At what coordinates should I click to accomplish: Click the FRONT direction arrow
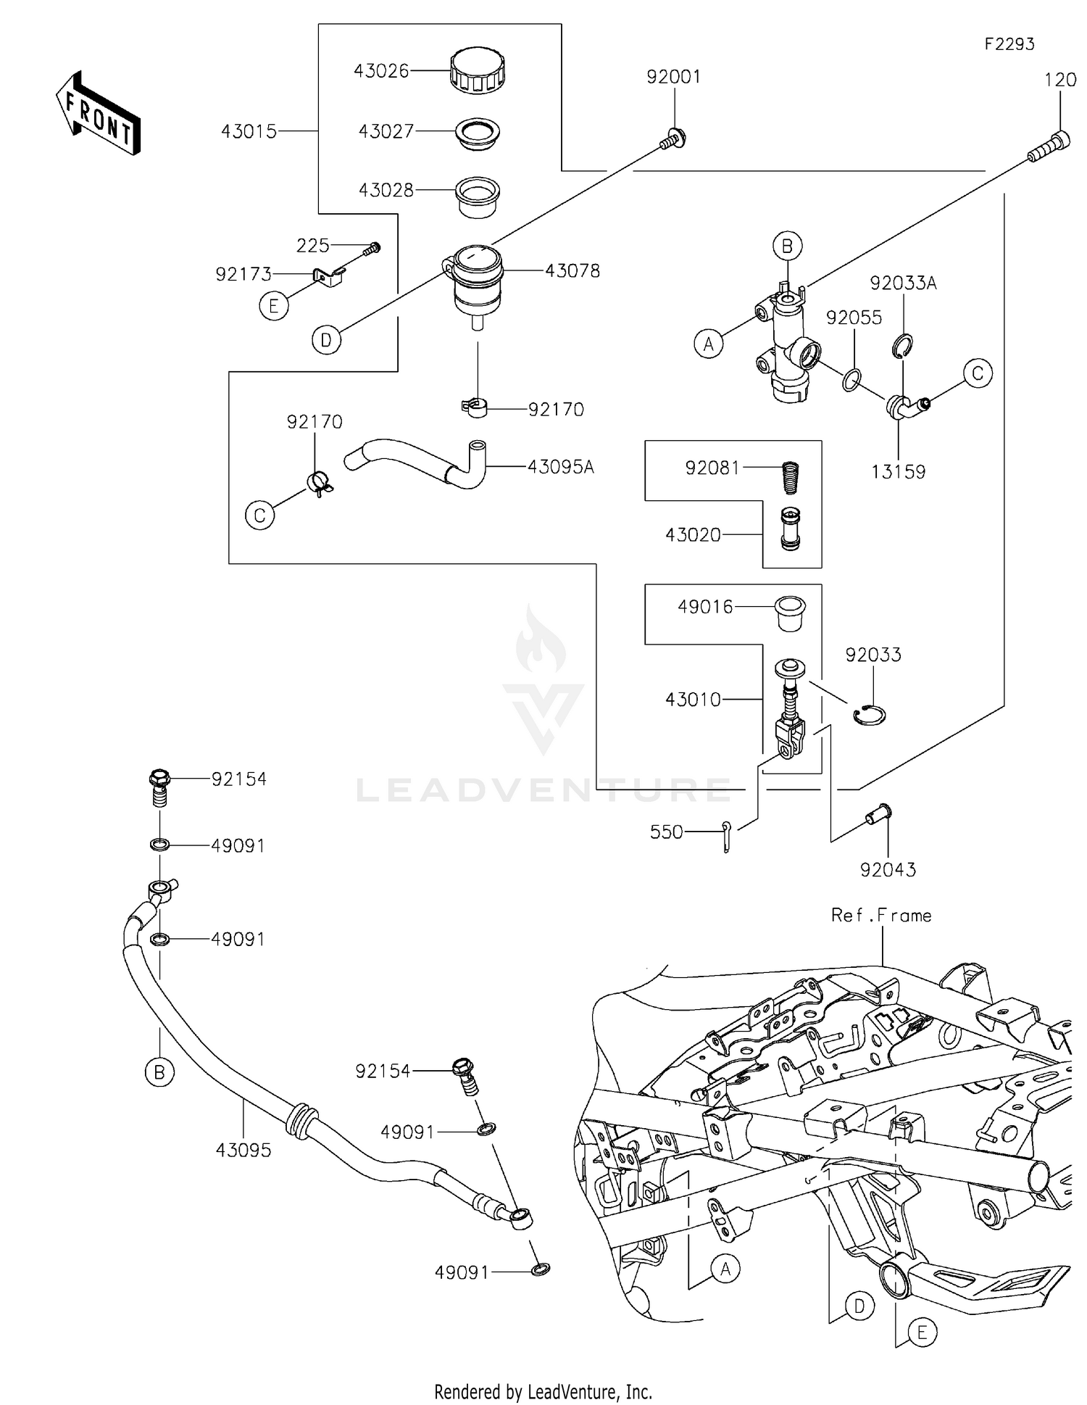(x=98, y=114)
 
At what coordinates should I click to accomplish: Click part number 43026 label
(x=381, y=71)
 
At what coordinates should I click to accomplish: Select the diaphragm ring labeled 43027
(x=478, y=133)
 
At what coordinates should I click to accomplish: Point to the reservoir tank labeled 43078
(x=476, y=283)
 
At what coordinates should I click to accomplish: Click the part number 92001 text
(x=673, y=77)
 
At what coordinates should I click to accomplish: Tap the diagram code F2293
(x=1009, y=44)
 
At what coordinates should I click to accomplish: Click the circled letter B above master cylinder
(x=788, y=246)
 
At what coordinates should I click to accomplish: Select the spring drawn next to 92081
(x=791, y=476)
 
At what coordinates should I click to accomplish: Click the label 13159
(x=898, y=472)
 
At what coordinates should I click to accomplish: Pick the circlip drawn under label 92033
(x=869, y=715)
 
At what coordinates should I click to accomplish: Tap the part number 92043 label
(x=888, y=869)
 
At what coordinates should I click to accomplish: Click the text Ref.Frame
(x=880, y=916)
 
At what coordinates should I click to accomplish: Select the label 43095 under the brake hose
(x=243, y=1150)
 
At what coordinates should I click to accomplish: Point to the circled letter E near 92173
(x=273, y=306)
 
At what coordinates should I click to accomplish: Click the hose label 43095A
(x=560, y=467)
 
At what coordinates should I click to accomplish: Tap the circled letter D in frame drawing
(x=859, y=1306)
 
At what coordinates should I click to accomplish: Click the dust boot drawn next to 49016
(x=790, y=612)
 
